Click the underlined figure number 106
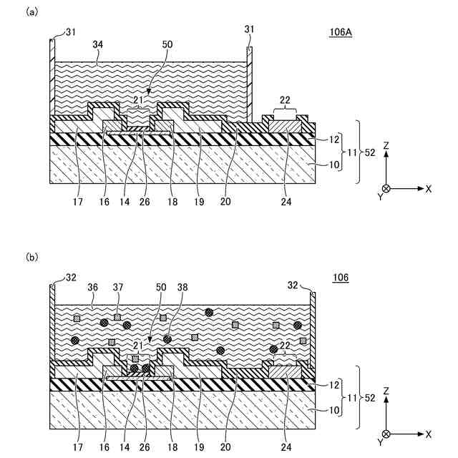(339, 277)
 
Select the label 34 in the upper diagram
(99, 44)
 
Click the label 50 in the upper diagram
(167, 44)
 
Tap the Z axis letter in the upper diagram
(386, 145)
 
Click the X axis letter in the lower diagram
(429, 434)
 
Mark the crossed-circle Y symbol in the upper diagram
(386, 189)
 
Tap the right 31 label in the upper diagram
(249, 29)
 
